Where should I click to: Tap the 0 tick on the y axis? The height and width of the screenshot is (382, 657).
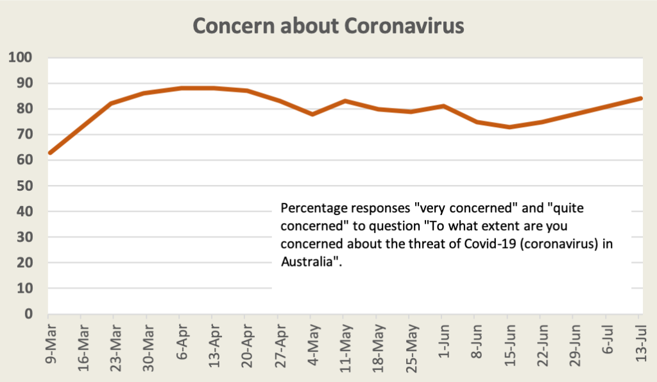coord(28,314)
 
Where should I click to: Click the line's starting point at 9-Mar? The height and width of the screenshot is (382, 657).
coord(49,153)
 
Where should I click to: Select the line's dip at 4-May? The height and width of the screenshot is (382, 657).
coord(311,114)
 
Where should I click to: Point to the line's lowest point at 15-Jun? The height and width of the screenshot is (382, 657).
coord(508,127)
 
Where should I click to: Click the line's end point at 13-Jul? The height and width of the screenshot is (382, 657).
coord(640,98)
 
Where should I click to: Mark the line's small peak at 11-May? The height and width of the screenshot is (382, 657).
coord(344,101)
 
